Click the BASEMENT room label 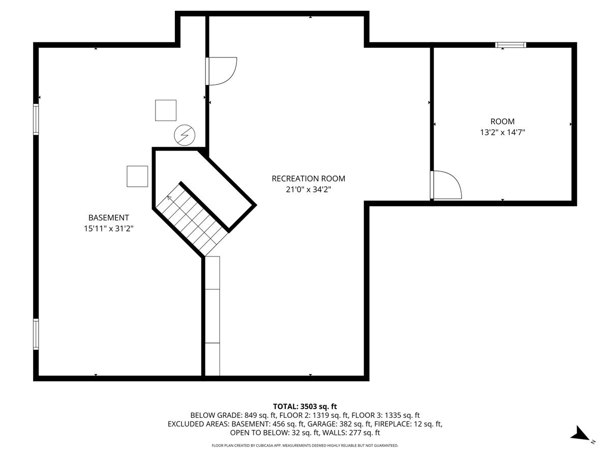[108, 217]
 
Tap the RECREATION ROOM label [308, 179]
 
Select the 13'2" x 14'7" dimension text [502, 132]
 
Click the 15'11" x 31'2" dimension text [108, 228]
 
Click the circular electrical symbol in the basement [184, 134]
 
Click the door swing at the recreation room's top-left [222, 71]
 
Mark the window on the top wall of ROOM [511, 45]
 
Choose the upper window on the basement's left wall [36, 119]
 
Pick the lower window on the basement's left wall [36, 334]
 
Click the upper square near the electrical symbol [166, 110]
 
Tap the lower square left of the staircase [137, 176]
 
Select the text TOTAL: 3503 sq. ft [305, 406]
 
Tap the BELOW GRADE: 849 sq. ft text [222, 415]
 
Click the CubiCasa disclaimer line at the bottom [305, 446]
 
